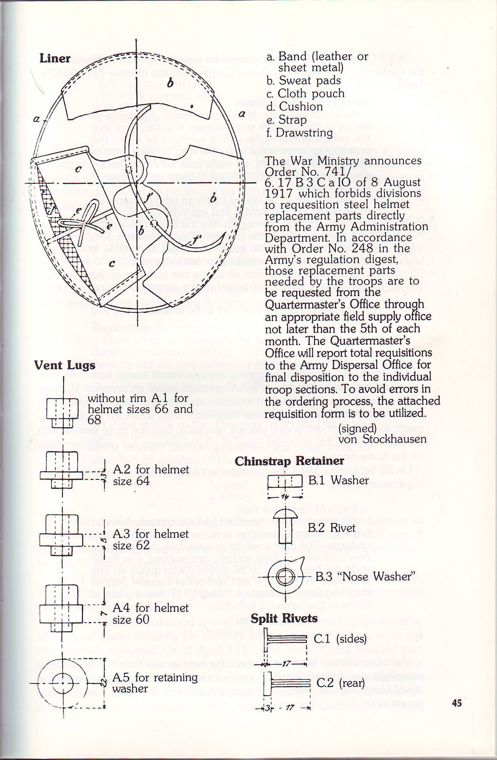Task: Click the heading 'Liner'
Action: point(55,58)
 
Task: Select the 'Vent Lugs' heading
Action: point(65,365)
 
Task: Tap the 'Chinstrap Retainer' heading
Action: point(289,461)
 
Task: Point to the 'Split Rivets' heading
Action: point(284,618)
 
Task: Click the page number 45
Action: point(457,703)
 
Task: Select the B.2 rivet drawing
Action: point(285,527)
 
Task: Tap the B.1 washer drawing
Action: point(285,482)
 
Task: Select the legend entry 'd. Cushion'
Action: point(294,107)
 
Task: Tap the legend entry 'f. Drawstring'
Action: point(299,133)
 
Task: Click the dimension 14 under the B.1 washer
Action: point(285,497)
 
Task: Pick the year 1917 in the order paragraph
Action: point(279,194)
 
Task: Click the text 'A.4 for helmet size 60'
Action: point(150,613)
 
